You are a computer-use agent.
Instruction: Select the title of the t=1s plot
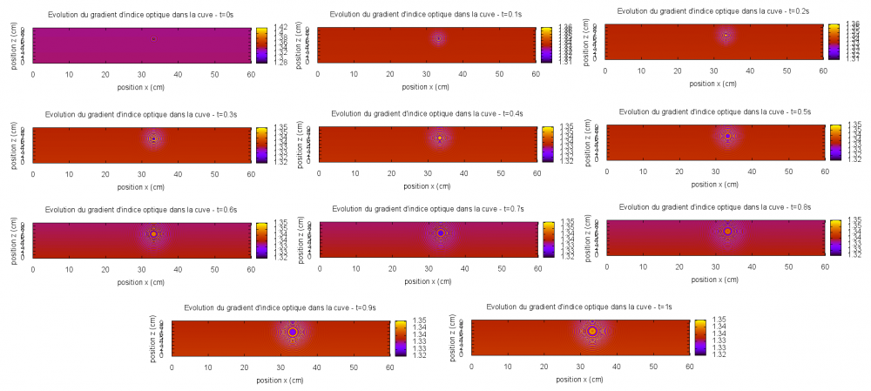579,307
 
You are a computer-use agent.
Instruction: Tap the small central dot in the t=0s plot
153,38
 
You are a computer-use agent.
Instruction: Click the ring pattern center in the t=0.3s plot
153,138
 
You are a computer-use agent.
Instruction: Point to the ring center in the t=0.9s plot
293,332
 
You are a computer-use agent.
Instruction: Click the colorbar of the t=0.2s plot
834,40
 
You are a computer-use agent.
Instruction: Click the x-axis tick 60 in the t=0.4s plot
537,174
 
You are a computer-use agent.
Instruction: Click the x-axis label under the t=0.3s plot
142,186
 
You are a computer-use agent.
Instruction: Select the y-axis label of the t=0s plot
16,44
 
